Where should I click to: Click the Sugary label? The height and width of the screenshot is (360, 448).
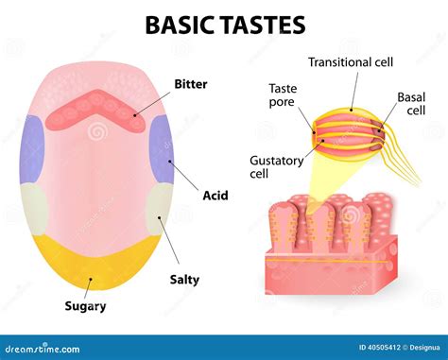pyautogui.click(x=84, y=306)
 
